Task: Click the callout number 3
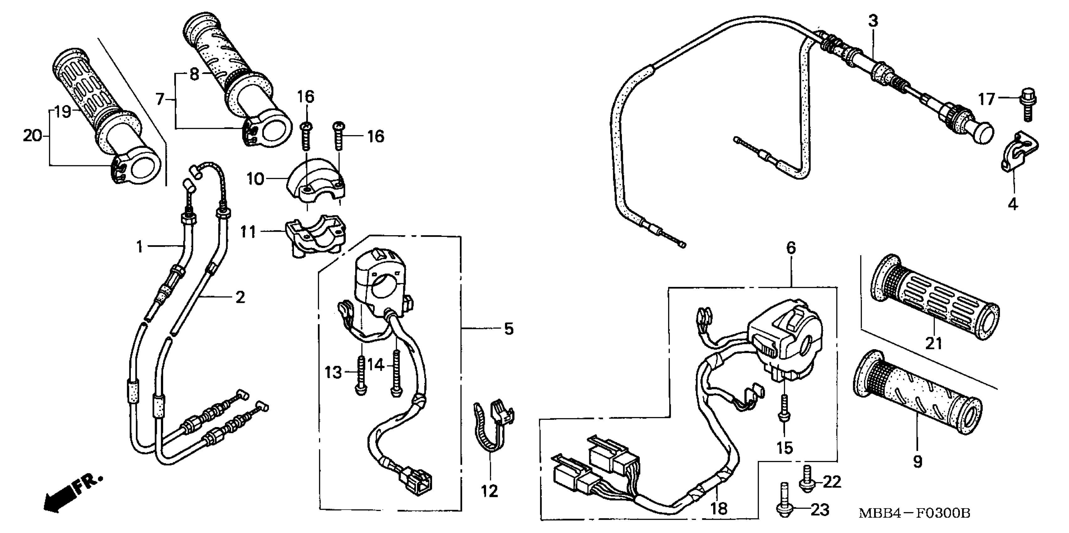873,21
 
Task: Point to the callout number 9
917,461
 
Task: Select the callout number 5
508,329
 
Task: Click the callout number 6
791,248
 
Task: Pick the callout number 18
719,509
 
